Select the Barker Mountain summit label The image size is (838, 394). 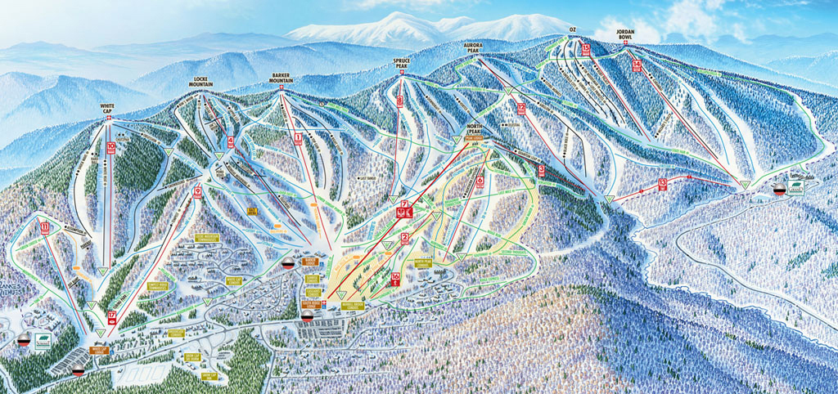[282, 79]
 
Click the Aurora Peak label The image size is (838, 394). [475, 48]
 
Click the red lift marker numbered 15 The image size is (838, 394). [586, 49]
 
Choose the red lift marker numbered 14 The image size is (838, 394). [637, 65]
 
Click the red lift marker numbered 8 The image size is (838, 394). [400, 101]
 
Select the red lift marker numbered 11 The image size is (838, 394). [44, 226]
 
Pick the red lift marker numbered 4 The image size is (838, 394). [231, 141]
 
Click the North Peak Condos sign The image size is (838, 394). [423, 263]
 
